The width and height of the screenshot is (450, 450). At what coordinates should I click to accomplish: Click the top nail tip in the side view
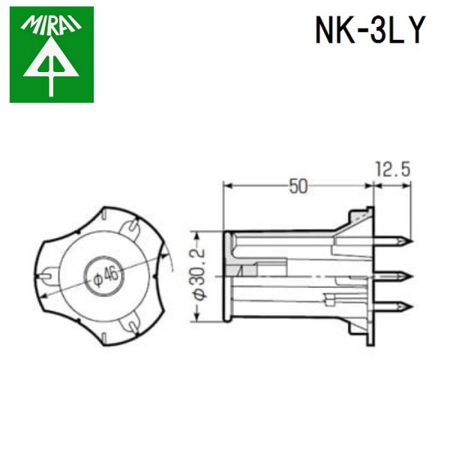pos(405,242)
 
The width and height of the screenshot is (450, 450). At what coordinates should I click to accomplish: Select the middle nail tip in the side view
pos(405,275)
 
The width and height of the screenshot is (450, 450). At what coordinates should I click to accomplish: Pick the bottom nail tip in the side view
pos(405,306)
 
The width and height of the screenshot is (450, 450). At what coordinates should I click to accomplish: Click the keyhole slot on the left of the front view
pos(48,275)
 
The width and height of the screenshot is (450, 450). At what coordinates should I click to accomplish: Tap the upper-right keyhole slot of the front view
pos(132,225)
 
